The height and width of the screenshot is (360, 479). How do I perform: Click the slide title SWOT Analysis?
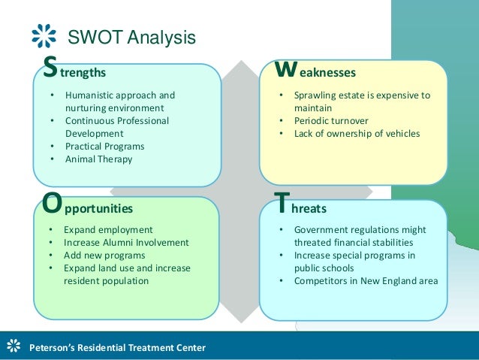[131, 37]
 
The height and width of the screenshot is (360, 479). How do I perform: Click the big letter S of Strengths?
[50, 69]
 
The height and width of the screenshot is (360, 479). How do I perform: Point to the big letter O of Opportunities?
[52, 204]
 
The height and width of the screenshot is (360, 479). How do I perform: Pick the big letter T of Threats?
[280, 203]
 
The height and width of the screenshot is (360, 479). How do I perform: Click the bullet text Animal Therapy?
[98, 159]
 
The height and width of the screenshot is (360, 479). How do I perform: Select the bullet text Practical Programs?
[104, 146]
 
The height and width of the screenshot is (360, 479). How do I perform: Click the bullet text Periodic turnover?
[333, 121]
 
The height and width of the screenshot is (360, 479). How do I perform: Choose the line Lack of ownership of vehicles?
[357, 134]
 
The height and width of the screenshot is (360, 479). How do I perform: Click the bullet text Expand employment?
[108, 229]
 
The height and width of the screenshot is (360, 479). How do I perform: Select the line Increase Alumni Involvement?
[126, 242]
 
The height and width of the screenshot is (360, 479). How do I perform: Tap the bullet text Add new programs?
[104, 255]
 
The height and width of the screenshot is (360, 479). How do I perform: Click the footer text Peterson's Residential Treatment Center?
[116, 347]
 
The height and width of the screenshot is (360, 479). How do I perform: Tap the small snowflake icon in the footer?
[13, 346]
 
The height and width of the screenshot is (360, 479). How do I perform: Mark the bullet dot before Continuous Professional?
[52, 121]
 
